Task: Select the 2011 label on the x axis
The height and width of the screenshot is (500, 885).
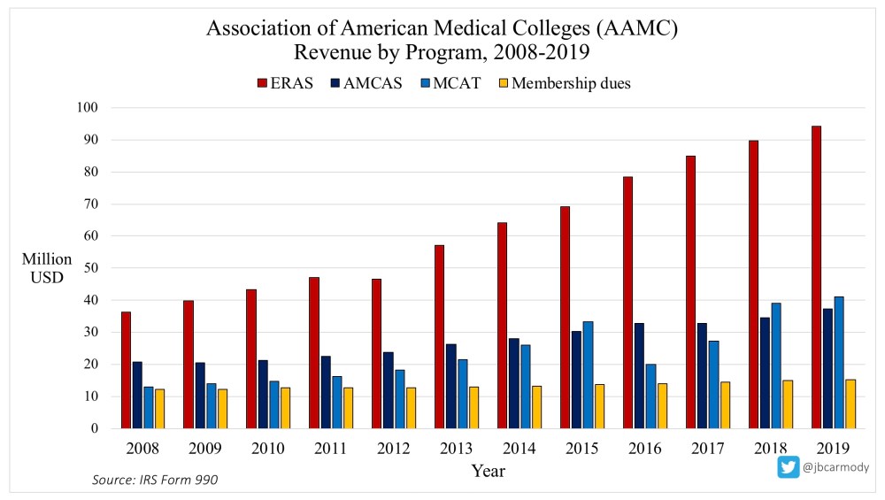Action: [330, 448]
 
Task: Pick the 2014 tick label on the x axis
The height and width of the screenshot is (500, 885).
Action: [518, 448]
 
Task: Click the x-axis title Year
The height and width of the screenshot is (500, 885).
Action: [488, 471]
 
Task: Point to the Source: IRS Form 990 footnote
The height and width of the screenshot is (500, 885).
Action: [155, 480]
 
